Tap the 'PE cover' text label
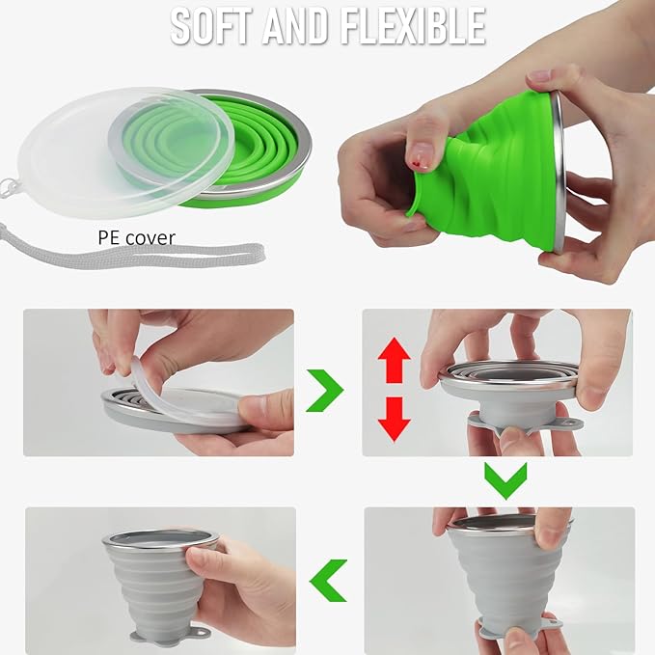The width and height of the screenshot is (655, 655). (x=136, y=236)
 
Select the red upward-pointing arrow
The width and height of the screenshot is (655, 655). (x=394, y=362)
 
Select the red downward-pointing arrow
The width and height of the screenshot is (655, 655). (x=394, y=417)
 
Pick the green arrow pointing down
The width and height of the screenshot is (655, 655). (x=505, y=478)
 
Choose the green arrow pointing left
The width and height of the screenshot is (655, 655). (x=328, y=579)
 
